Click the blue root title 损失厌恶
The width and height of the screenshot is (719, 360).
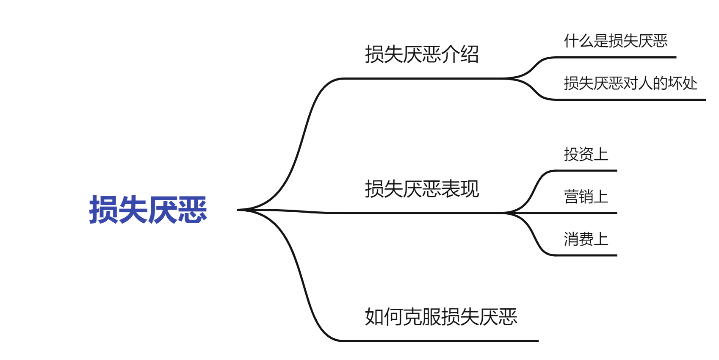[148, 210]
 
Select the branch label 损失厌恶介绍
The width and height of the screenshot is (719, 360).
[422, 55]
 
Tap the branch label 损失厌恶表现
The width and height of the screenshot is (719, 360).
[422, 189]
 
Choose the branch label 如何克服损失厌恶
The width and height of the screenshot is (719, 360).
[441, 317]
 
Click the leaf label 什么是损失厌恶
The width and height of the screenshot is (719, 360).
[615, 41]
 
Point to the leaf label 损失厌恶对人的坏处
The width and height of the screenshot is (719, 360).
[630, 83]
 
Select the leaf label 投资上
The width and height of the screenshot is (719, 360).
[586, 155]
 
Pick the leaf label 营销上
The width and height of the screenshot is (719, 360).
[586, 197]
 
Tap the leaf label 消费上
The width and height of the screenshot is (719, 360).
[586, 239]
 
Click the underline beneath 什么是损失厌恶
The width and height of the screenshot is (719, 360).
[614, 57]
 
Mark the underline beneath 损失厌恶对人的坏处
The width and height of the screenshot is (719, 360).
[631, 100]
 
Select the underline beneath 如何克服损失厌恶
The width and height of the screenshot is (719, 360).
[440, 341]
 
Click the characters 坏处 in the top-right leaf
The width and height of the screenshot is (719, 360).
[683, 83]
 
